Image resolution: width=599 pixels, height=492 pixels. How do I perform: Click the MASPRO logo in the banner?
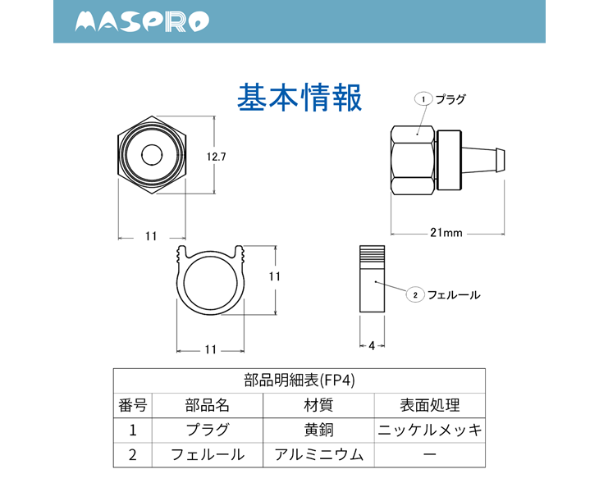point(142,21)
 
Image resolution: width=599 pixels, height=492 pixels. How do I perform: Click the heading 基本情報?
point(299,98)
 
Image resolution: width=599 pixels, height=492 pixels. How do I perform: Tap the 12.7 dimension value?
point(217,157)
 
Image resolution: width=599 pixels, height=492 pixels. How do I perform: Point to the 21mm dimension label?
point(446,232)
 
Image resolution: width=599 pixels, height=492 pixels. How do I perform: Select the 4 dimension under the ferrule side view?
point(372,346)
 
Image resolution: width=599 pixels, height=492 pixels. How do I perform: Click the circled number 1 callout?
point(423,99)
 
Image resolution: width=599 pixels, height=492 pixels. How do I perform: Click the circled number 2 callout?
point(415,294)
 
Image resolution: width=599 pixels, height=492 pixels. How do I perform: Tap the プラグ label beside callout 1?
point(450,99)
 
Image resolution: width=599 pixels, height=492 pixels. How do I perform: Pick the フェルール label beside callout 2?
point(454,294)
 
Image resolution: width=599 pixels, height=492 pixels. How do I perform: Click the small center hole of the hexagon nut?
point(152,155)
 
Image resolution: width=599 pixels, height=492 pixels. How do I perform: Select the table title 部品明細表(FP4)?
point(299,380)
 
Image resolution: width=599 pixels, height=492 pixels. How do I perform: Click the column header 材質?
point(318,405)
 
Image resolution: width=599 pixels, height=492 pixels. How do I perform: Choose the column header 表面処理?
point(430,405)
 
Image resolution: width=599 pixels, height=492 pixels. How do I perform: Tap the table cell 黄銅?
point(318,430)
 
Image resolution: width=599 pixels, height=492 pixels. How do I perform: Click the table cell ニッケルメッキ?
point(430,430)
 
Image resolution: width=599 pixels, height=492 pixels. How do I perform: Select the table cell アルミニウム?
point(318,454)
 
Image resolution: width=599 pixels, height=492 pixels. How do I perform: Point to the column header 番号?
point(133,405)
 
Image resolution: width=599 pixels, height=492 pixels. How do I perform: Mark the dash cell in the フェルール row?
point(430,454)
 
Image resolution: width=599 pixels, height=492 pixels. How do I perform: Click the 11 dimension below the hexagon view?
point(151,236)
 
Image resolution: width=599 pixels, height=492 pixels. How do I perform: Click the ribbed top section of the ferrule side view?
point(372,253)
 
